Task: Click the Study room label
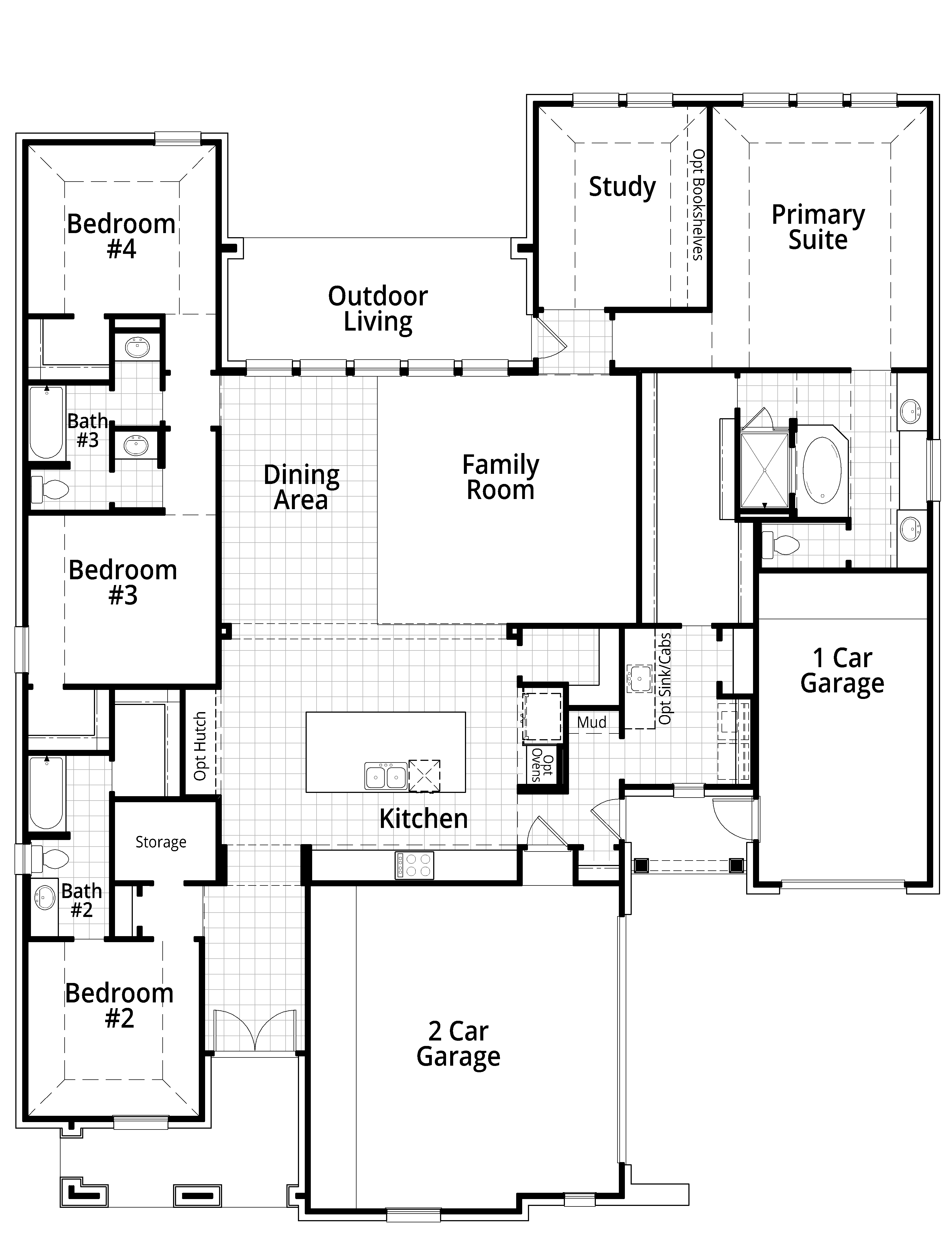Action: pos(622,187)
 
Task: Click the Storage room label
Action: pos(161,842)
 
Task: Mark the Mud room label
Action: pos(591,722)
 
